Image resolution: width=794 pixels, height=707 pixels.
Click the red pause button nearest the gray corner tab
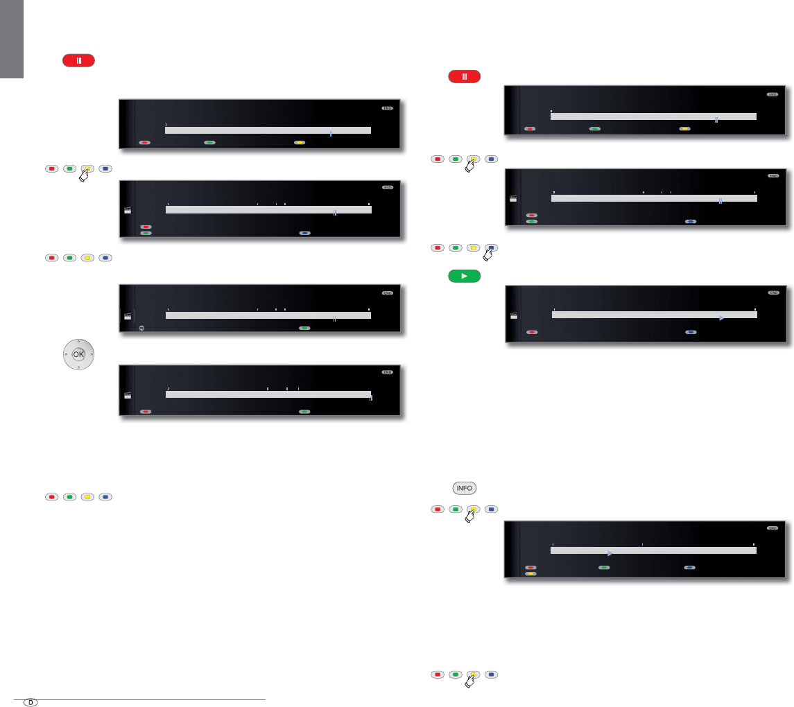point(78,60)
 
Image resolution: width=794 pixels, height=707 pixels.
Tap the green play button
point(465,275)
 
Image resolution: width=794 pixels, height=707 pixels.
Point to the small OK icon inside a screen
point(141,328)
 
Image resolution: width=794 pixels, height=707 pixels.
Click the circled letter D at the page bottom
point(31,701)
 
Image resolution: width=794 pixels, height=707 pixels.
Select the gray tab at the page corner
point(12,38)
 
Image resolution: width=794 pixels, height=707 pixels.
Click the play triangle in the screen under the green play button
point(721,318)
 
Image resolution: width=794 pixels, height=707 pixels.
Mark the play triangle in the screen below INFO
point(609,553)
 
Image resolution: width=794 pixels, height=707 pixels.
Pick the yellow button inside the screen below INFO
point(530,574)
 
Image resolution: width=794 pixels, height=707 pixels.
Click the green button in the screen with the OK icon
point(304,328)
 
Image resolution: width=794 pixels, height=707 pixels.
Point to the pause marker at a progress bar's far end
point(370,398)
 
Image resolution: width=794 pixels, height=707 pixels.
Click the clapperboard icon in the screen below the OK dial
point(127,394)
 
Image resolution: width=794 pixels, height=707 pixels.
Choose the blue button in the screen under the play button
point(691,333)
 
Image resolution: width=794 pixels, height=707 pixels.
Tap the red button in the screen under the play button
point(531,333)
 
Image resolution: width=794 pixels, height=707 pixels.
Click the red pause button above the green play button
point(465,76)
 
